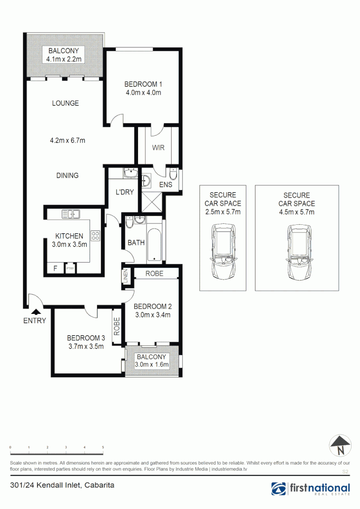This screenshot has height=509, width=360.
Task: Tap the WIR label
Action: (x=158, y=148)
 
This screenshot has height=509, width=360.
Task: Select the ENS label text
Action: (x=165, y=185)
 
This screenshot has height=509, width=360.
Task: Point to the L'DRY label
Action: (x=126, y=192)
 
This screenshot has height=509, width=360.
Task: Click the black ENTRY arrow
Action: (x=35, y=311)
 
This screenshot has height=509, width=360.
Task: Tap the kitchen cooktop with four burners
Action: (x=96, y=235)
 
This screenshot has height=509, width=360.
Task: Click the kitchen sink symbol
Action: (x=69, y=214)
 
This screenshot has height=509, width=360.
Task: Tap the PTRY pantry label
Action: (x=70, y=269)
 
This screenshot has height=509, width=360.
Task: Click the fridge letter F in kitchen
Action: (x=55, y=269)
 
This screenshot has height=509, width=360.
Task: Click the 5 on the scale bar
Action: (x=103, y=447)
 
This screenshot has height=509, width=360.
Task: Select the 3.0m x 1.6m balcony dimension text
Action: (x=152, y=364)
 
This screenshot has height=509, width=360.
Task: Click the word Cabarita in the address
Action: (x=99, y=484)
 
